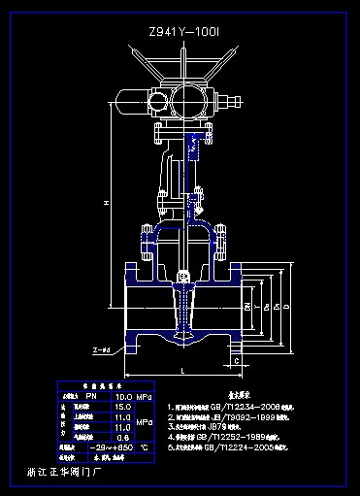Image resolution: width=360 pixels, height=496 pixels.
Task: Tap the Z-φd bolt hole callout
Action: tap(100, 348)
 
